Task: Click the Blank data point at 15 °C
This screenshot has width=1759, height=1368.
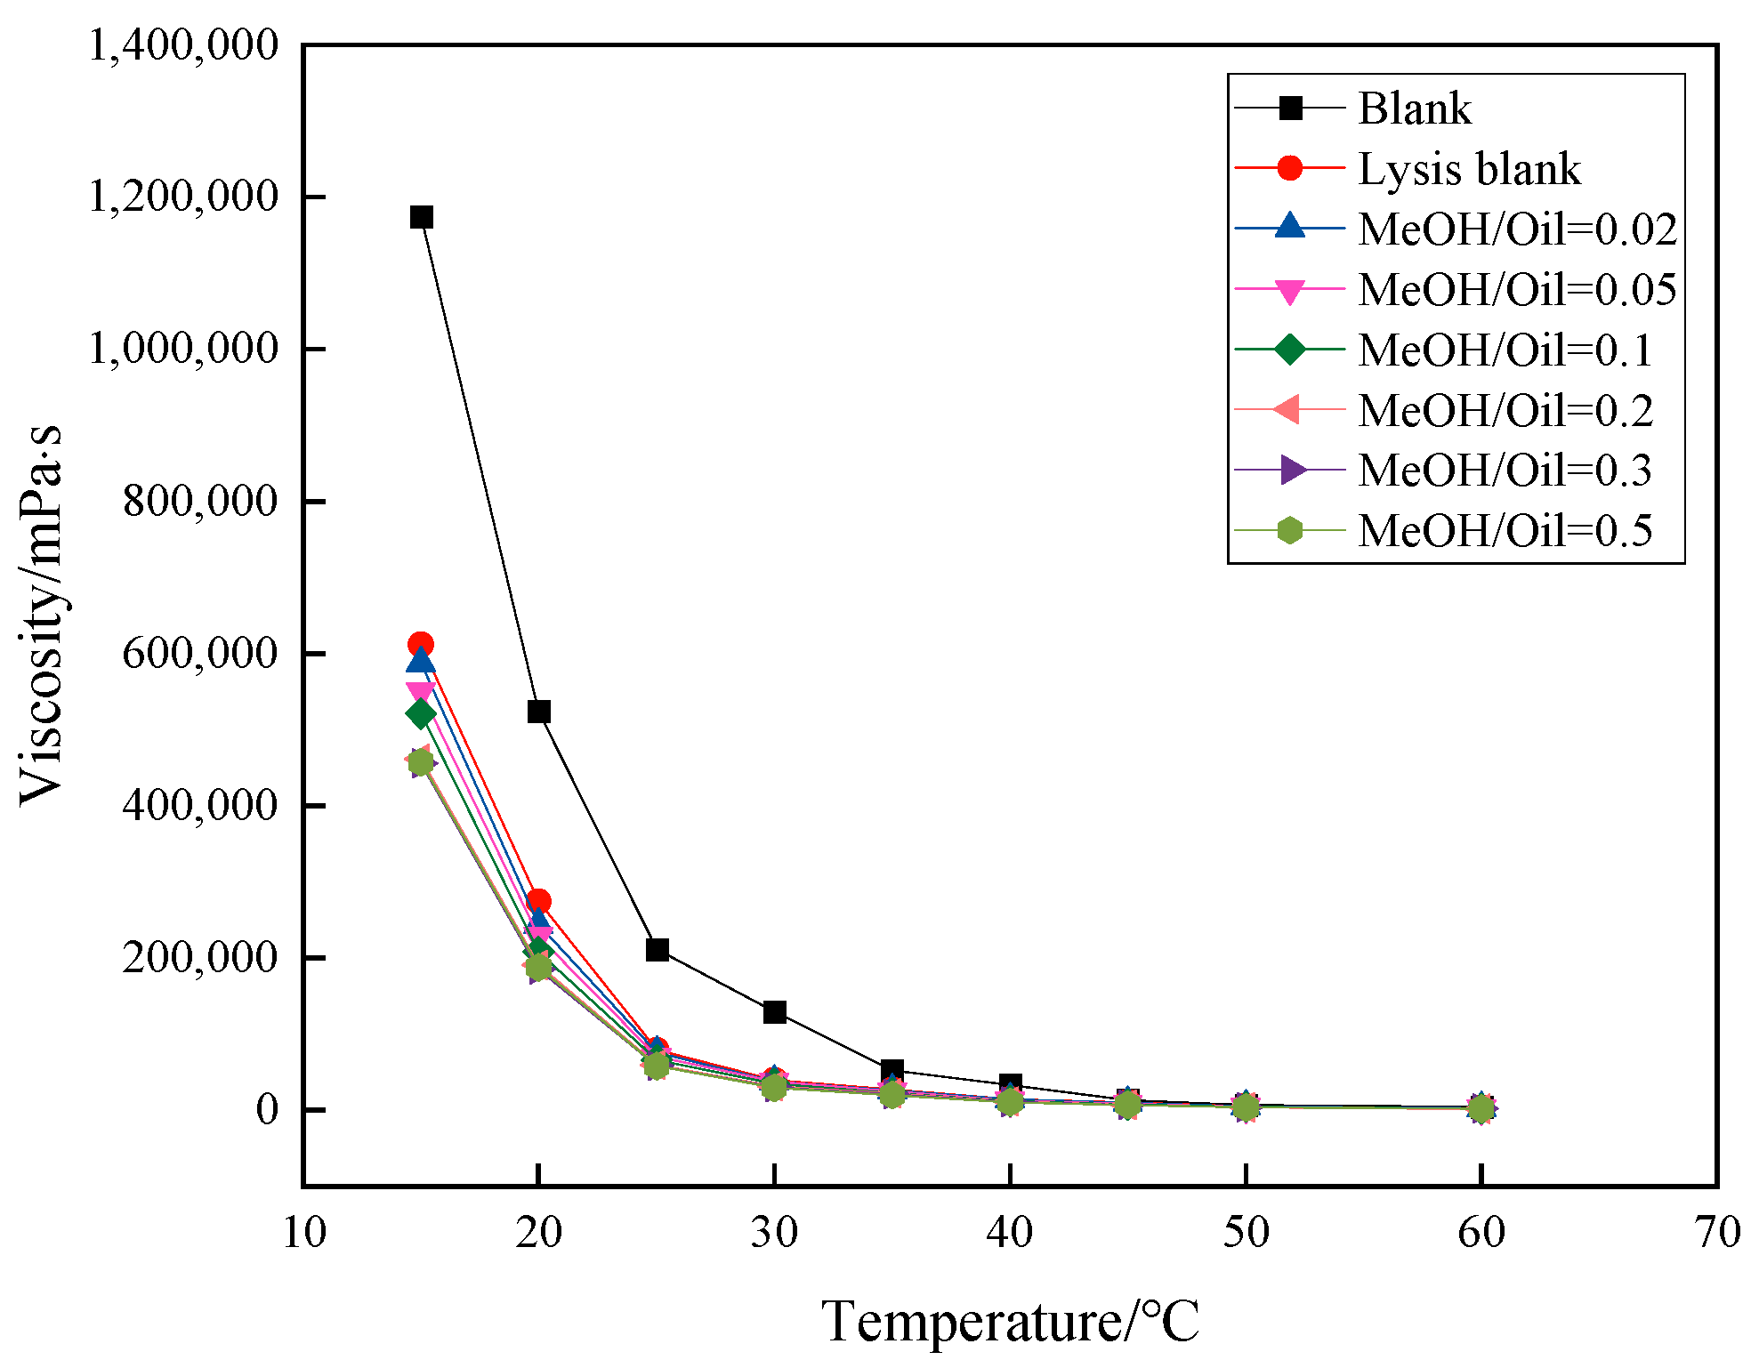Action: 421,217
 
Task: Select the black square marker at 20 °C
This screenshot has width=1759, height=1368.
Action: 538,712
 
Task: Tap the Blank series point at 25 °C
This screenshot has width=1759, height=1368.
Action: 657,950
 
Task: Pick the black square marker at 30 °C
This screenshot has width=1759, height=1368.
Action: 774,1012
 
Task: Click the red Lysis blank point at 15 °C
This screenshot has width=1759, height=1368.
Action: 421,645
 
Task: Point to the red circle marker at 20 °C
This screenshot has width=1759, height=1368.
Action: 538,901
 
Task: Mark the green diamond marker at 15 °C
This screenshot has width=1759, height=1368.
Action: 421,714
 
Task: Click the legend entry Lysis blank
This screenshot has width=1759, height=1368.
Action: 1469,169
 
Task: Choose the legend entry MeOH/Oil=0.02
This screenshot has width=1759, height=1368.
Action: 1517,229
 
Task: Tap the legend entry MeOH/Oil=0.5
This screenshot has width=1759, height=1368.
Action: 1505,531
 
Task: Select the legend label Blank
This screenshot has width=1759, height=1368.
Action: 1415,109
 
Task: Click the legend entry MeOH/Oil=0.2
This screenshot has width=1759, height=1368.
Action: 1505,410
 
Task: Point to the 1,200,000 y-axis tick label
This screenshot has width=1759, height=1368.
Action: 183,197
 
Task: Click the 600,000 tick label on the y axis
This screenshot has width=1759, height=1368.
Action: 200,654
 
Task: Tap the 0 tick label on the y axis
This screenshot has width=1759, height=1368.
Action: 267,1110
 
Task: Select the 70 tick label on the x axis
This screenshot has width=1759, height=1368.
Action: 1716,1233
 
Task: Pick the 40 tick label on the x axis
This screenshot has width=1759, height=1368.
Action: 1010,1233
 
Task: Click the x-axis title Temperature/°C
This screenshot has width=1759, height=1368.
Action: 1010,1321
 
